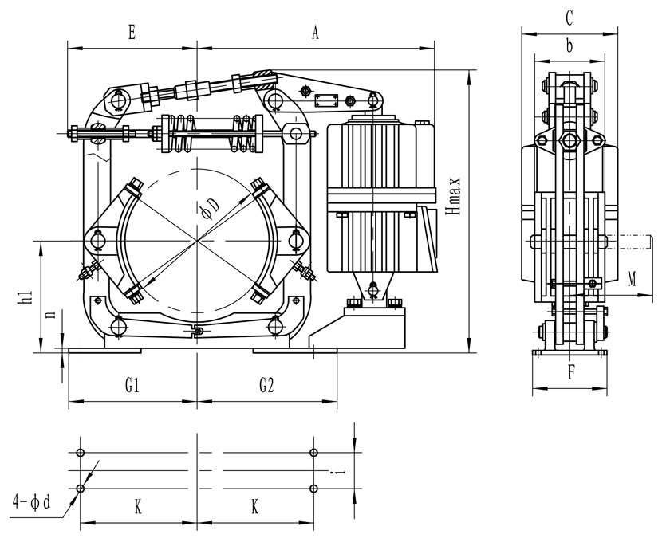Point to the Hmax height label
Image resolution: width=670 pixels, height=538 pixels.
[454, 195]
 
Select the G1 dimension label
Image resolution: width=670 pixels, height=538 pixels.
[132, 386]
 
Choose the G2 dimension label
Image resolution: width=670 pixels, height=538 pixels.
[266, 386]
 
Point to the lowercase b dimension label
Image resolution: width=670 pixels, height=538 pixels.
[569, 46]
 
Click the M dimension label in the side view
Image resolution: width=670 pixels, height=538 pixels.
[632, 278]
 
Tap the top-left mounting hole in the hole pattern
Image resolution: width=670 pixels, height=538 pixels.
[80, 453]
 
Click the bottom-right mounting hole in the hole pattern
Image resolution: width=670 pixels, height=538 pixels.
[314, 489]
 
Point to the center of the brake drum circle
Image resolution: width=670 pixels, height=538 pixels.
[197, 240]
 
